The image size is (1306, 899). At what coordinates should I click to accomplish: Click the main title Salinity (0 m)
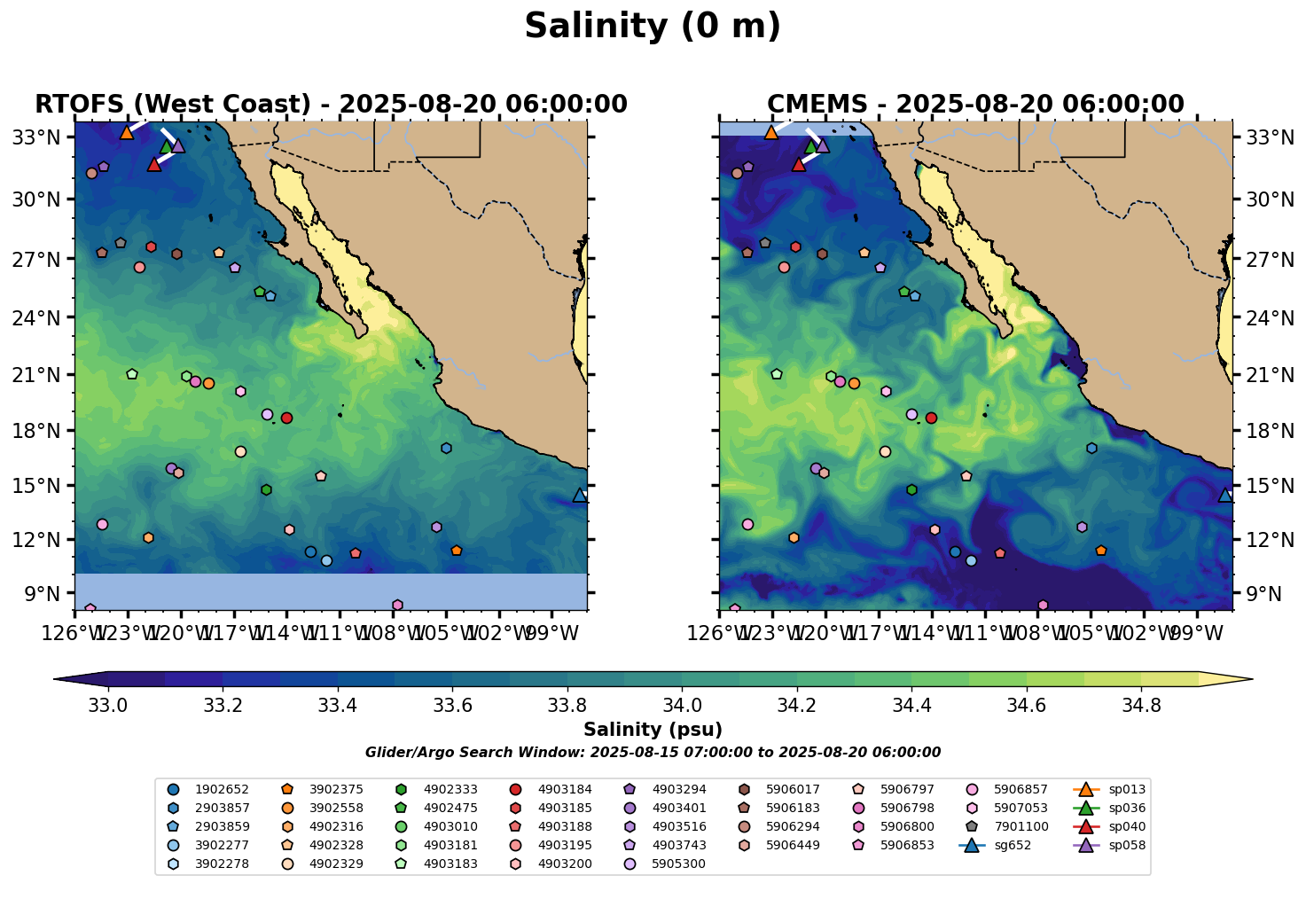(653, 27)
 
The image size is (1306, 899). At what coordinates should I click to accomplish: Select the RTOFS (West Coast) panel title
(331, 105)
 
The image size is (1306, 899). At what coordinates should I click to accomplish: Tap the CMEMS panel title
(975, 105)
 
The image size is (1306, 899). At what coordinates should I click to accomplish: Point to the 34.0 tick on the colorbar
(682, 706)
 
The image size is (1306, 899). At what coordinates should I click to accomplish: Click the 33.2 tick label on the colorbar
(223, 706)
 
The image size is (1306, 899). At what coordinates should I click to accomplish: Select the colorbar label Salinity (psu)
(653, 730)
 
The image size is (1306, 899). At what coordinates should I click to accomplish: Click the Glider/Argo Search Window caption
(653, 753)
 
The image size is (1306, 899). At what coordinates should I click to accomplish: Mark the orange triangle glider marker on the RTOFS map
(127, 132)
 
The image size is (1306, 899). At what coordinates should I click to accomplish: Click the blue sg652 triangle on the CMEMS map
(1225, 495)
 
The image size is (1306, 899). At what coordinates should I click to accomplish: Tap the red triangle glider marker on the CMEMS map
(799, 164)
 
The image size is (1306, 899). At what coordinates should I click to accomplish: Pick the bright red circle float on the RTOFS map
(286, 418)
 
